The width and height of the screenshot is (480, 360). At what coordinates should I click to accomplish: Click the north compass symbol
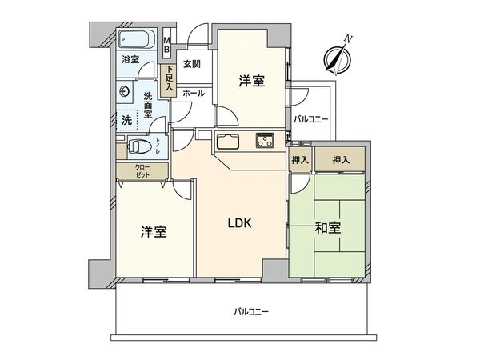pos(336,55)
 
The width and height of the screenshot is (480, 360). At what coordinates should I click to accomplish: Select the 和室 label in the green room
pos(327,227)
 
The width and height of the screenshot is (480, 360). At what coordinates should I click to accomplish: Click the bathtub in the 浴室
pos(140,40)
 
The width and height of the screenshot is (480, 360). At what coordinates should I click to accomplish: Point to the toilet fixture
pos(139,147)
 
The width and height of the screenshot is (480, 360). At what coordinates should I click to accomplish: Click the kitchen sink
pos(228,142)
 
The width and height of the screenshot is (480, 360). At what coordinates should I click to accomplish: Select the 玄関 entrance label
pos(191,65)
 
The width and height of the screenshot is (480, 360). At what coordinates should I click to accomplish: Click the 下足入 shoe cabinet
pos(169,78)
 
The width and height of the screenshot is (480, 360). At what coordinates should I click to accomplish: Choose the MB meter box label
pos(166,45)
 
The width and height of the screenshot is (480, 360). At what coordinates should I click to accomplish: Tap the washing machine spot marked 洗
pos(126,120)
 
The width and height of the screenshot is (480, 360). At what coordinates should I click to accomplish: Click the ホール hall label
pos(193,94)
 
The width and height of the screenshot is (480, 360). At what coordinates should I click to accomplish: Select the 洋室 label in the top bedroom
pos(251,81)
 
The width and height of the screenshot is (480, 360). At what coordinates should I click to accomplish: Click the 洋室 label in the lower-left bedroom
pos(154,232)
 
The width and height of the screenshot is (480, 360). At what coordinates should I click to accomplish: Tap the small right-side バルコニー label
pos(310,118)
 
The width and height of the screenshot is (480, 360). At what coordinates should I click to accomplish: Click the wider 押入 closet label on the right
pos(341,160)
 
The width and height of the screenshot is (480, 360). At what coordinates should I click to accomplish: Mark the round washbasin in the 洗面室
pos(124,92)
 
